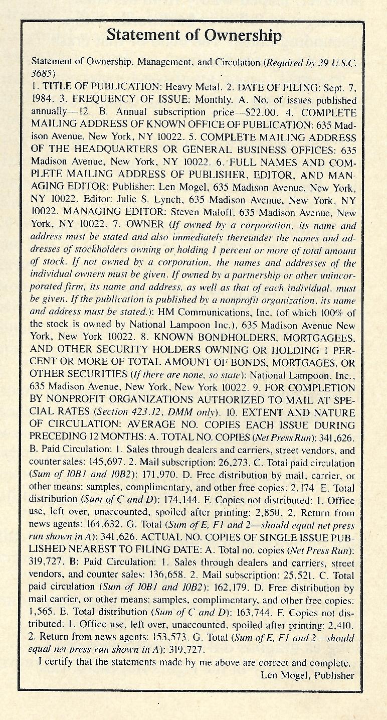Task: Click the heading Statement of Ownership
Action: pyautogui.click(x=194, y=35)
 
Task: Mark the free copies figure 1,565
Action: pyautogui.click(x=45, y=612)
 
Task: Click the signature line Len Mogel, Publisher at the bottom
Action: pyautogui.click(x=308, y=675)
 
